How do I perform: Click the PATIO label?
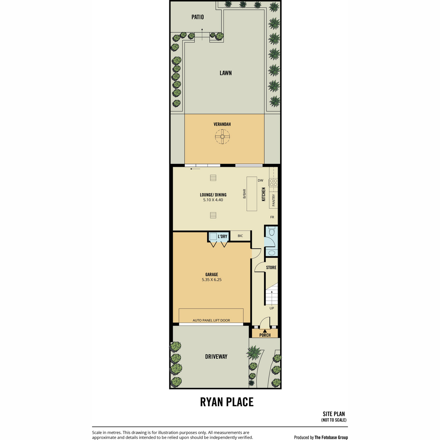[198, 17]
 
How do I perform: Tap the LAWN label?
[225, 73]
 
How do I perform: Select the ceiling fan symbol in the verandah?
[222, 136]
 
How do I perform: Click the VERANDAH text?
[222, 124]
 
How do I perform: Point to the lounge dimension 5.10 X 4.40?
[213, 200]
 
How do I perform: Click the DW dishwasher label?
[260, 180]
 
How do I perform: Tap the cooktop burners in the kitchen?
[273, 183]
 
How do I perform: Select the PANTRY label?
[274, 200]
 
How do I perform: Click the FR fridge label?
[272, 217]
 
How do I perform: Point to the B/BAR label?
[244, 194]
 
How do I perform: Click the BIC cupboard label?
[240, 236]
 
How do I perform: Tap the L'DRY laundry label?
[223, 236]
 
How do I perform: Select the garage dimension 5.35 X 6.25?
[212, 279]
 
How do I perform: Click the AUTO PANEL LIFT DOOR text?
[211, 320]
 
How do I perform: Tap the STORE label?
[271, 267]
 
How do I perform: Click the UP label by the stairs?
[272, 308]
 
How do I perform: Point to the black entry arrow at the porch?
[265, 331]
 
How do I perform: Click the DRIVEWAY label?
[216, 356]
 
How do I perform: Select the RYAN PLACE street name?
[227, 402]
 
